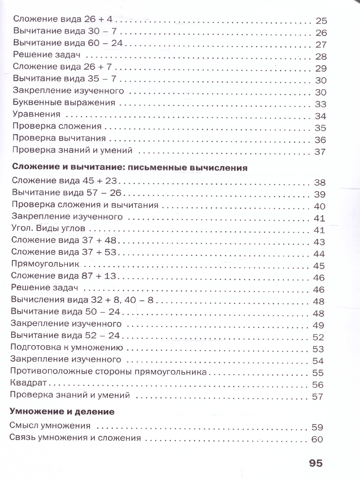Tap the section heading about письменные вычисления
click(x=130, y=168)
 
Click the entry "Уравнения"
click(x=36, y=114)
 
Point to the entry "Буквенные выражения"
click(x=64, y=102)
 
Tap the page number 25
click(x=321, y=21)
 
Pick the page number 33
click(x=321, y=104)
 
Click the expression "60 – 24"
click(x=107, y=43)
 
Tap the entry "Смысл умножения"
click(x=50, y=425)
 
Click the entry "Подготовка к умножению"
click(x=67, y=347)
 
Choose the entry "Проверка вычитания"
click(x=59, y=138)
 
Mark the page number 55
click(x=317, y=373)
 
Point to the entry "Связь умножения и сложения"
click(x=74, y=438)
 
